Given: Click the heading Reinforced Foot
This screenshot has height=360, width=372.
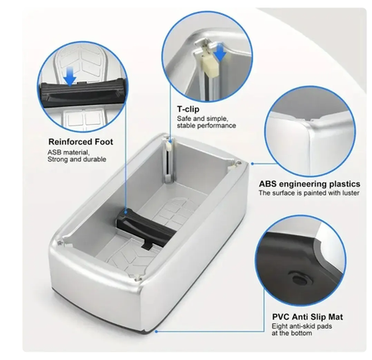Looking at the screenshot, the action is pyautogui.click(x=80, y=141).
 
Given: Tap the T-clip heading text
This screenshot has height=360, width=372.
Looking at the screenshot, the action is pyautogui.click(x=188, y=109).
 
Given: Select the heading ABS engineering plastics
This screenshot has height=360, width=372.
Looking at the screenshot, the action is pyautogui.click(x=310, y=183).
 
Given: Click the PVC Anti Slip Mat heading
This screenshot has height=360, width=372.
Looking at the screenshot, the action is pyautogui.click(x=307, y=317).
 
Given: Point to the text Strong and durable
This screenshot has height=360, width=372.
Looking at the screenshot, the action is pyautogui.click(x=76, y=159).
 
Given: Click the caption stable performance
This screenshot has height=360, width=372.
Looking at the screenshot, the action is pyautogui.click(x=206, y=126).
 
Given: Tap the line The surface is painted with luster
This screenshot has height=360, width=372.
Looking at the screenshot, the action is pyautogui.click(x=309, y=193).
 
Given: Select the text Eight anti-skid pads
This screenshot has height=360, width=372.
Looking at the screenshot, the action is pyautogui.click(x=301, y=326).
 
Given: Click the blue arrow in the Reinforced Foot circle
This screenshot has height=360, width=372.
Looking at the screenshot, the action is pyautogui.click(x=70, y=76).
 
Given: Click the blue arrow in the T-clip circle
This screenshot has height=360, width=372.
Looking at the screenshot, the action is pyautogui.click(x=220, y=52).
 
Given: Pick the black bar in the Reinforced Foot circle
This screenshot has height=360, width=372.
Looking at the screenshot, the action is pyautogui.click(x=83, y=92).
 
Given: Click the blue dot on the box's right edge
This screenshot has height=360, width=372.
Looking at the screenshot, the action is pyautogui.click(x=252, y=164).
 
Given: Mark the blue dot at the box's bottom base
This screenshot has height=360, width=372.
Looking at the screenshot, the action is pyautogui.click(x=156, y=331).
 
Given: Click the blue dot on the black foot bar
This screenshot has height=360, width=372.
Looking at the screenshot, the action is pyautogui.click(x=126, y=212).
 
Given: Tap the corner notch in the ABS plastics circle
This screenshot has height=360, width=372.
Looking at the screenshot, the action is pyautogui.click(x=311, y=119).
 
